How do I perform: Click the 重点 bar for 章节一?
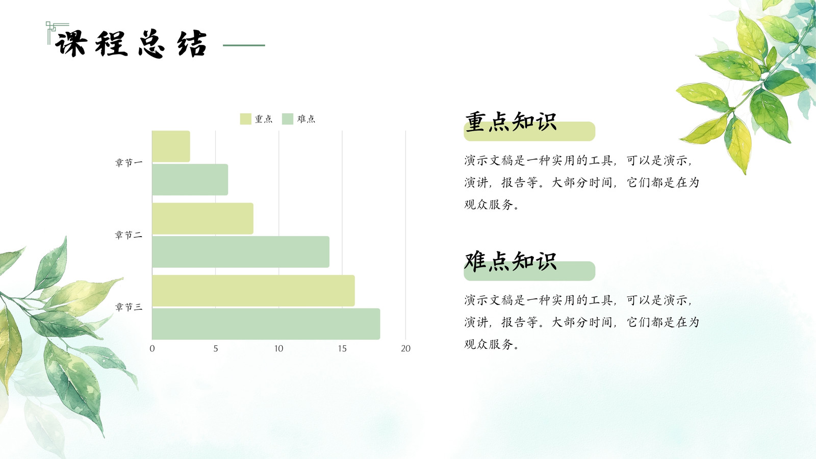pos(171,146)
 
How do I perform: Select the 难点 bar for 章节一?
pos(190,180)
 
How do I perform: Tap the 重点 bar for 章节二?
pos(203,219)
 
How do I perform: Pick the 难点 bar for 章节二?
pos(241,252)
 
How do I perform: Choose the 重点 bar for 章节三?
pos(253,291)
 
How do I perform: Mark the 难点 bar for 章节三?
pos(266,324)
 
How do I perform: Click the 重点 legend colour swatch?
pos(245,119)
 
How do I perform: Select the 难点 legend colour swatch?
pos(288,119)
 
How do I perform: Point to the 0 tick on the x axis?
pos(152,349)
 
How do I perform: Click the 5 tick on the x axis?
pos(216,349)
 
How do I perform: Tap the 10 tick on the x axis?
pos(278,349)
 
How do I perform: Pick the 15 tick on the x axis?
pos(342,349)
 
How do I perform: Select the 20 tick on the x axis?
pos(406,349)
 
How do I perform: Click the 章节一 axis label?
pos(129,163)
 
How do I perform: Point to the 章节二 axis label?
pos(129,235)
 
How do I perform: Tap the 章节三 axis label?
pos(129,307)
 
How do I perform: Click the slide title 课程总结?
pos(131,44)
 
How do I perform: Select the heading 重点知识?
pos(511,122)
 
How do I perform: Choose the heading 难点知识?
pos(511,261)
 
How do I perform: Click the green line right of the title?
pos(244,45)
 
